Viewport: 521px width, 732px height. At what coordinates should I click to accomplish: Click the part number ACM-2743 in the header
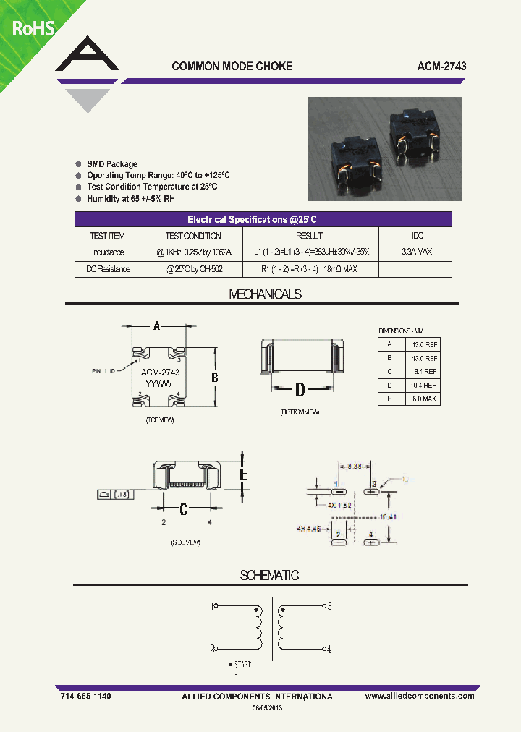click(441, 66)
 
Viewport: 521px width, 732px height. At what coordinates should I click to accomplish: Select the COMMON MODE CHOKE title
click(232, 66)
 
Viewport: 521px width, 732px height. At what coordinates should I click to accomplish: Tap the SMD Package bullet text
click(112, 164)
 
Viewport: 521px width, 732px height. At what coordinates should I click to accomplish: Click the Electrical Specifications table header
click(264, 219)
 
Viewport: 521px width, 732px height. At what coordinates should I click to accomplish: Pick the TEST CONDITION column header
click(193, 236)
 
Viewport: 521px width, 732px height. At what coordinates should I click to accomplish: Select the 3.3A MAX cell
click(417, 252)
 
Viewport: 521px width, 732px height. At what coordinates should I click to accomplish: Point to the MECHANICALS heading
click(265, 294)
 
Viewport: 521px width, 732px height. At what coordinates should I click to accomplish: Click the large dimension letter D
click(300, 391)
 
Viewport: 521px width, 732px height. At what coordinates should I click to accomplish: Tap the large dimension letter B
click(214, 378)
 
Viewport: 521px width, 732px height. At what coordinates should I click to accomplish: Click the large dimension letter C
click(184, 509)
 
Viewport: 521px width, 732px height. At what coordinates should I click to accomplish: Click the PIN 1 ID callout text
click(103, 370)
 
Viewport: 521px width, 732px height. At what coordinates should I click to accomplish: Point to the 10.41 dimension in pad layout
click(388, 517)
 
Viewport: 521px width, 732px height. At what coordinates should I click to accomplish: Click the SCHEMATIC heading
click(269, 576)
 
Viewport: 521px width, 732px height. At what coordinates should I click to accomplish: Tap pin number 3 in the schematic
click(329, 606)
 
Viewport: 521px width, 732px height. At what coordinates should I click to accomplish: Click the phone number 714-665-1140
click(85, 696)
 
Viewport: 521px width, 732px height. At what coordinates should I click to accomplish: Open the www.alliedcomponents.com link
click(420, 696)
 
